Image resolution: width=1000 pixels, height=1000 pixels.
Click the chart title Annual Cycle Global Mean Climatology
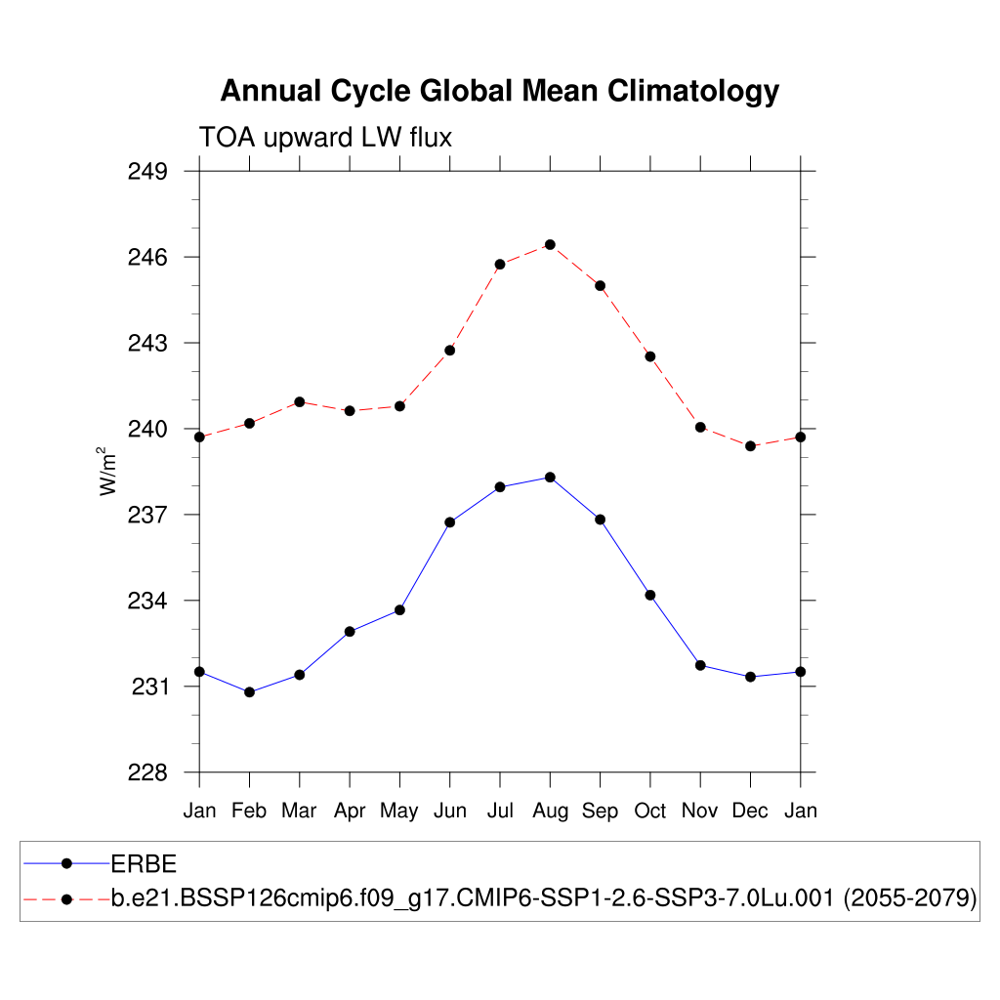499,91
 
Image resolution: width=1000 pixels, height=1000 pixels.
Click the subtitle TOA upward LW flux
325,138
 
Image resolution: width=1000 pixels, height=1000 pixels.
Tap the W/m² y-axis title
108,471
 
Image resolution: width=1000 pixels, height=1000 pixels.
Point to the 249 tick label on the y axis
148,172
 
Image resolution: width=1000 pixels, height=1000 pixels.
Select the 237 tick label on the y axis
148,515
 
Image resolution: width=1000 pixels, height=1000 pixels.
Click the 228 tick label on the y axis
148,772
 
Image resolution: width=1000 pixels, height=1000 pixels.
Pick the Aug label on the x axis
550,811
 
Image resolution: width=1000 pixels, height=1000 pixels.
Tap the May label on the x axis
399,811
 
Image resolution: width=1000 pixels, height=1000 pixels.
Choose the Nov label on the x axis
700,811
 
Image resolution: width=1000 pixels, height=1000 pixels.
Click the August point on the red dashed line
550,244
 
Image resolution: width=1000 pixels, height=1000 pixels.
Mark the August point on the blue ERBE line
550,477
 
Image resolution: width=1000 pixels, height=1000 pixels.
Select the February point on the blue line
249,692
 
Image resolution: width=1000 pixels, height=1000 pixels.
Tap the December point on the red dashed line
750,446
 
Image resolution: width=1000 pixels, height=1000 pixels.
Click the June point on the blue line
450,522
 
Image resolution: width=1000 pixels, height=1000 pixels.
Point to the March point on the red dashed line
300,402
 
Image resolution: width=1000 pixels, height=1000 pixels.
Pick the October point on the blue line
650,595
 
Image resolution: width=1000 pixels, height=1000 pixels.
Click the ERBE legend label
143,863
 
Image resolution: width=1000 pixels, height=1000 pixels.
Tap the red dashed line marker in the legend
66,898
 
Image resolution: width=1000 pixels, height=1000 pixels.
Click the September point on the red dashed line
600,286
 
